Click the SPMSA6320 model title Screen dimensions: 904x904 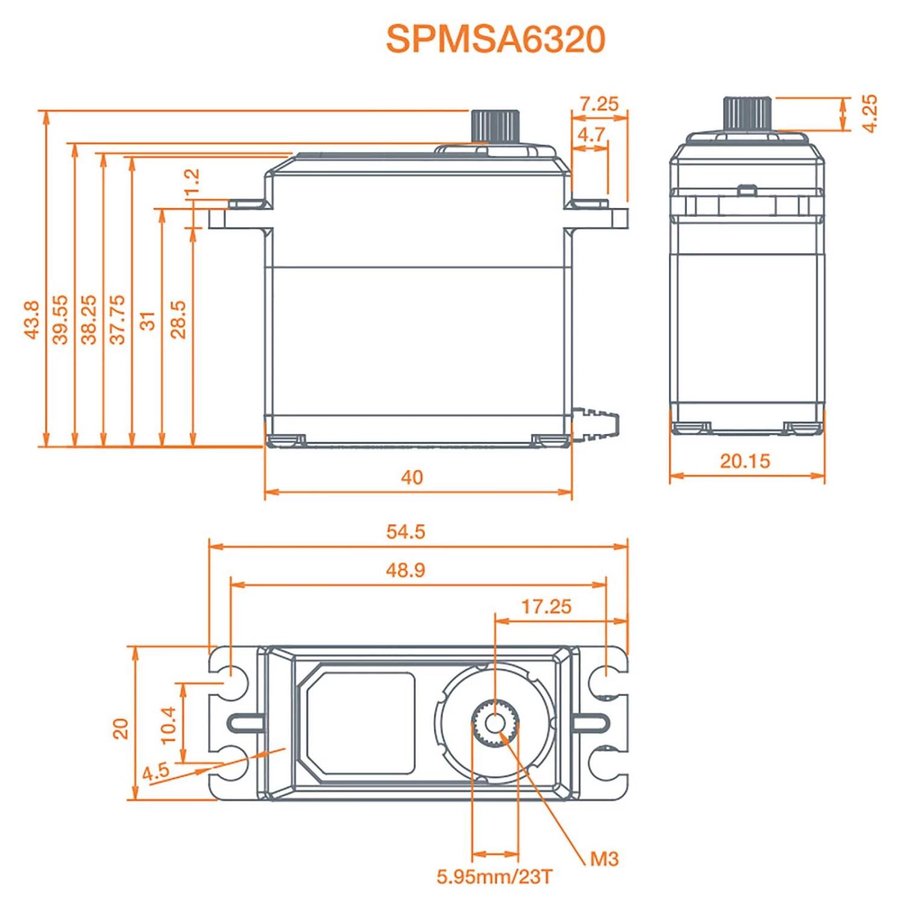coord(495,39)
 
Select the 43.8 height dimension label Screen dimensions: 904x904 coord(31,319)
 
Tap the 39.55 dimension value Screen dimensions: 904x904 coord(60,319)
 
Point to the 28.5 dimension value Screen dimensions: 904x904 coord(178,319)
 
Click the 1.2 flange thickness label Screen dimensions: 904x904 coord(191,183)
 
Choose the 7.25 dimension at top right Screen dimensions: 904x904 coord(599,104)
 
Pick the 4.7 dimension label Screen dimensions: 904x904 coord(591,134)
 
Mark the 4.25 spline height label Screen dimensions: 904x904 coord(869,113)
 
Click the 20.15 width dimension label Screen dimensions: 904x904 coord(745,461)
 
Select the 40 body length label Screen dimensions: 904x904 coord(412,477)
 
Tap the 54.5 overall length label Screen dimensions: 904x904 coord(406,532)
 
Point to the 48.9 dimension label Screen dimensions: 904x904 coord(406,570)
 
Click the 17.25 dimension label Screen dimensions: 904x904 coord(546,606)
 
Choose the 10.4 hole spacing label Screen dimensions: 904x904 coord(168,724)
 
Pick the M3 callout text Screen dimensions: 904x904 coord(604,859)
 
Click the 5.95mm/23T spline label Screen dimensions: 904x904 coord(494,876)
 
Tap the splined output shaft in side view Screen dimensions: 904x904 coord(495,126)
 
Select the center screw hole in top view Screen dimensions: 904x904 coord(495,723)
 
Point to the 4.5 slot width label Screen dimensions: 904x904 coord(155,771)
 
